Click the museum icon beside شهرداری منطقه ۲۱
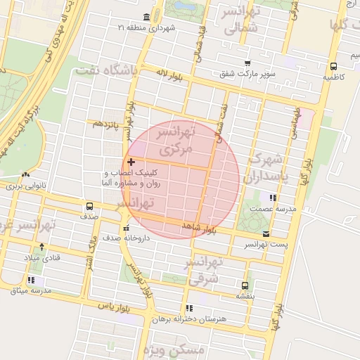pos(146,17)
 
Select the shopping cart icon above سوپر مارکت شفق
pos(246,63)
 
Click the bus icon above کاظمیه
pos(333,67)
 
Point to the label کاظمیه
pos(333,77)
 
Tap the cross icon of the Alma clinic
pos(131,162)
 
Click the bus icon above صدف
pos(89,206)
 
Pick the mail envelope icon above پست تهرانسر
pos(266,233)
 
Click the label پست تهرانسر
pos(265,244)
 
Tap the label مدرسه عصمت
pos(276,209)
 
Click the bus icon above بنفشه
pos(245,285)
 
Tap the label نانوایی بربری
pos(25,186)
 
